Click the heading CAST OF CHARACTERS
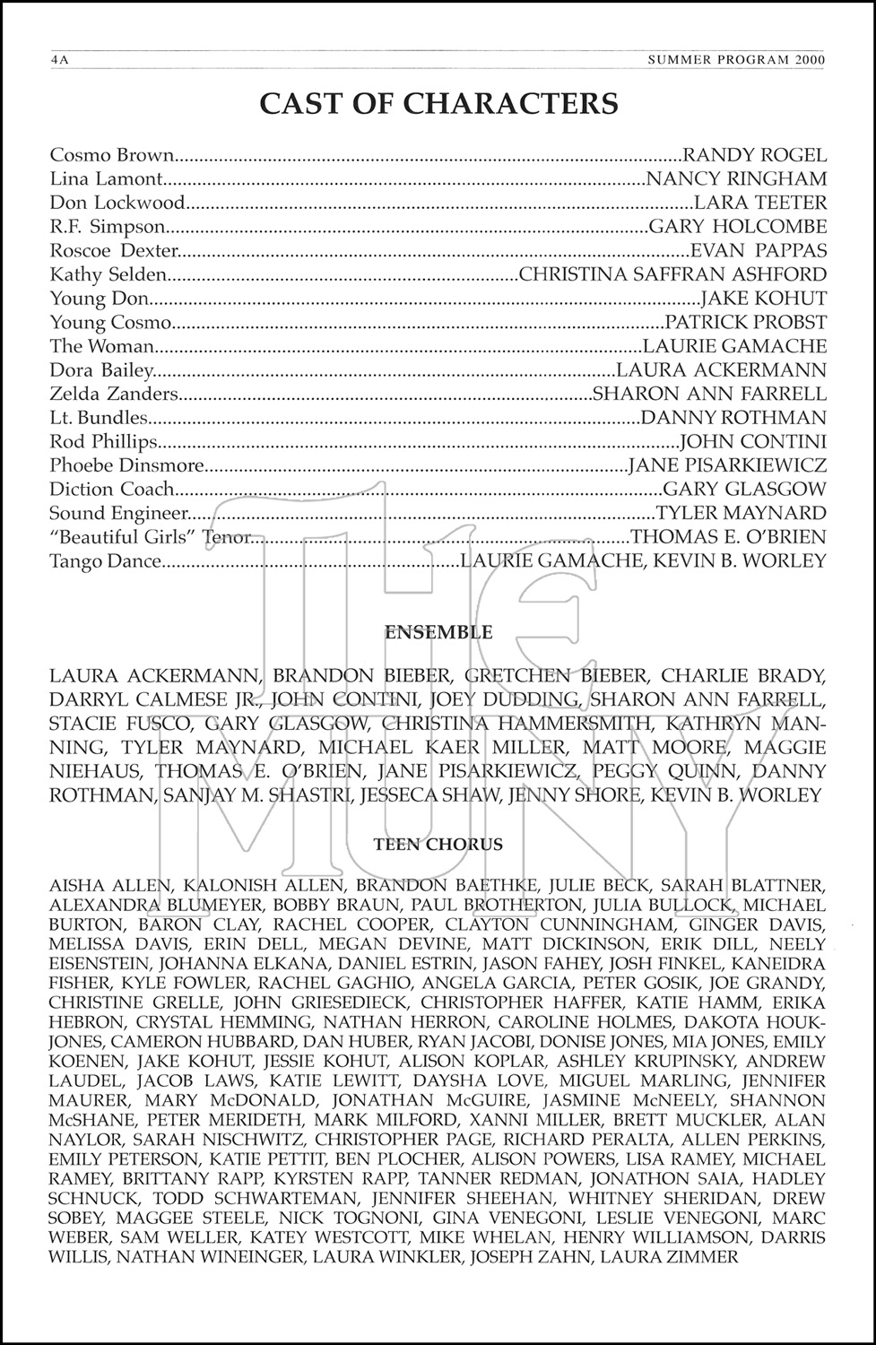click(x=438, y=104)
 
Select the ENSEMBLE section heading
click(x=438, y=632)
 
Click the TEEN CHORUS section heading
click(x=438, y=845)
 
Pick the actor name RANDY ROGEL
click(x=754, y=155)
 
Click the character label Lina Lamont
click(x=106, y=179)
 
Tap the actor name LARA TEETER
click(x=760, y=203)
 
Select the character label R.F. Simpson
click(x=108, y=227)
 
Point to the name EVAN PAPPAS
click(x=759, y=250)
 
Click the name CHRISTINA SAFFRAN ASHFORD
click(x=672, y=274)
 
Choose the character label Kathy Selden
click(x=108, y=274)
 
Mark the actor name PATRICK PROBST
click(x=746, y=322)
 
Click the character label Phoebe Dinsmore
click(x=126, y=465)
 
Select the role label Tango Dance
click(x=105, y=561)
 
